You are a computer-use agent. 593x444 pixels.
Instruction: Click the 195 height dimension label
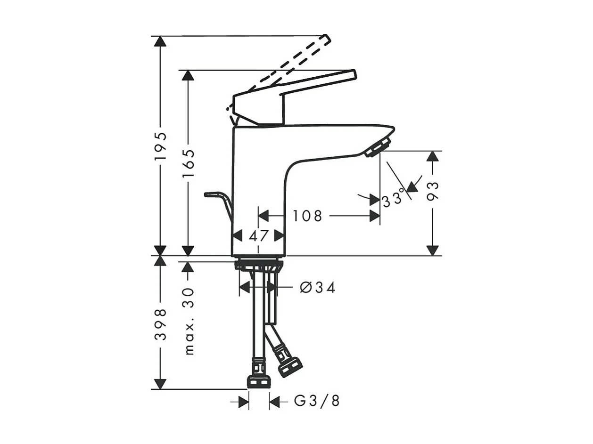160,146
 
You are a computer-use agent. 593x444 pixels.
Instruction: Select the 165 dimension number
188,163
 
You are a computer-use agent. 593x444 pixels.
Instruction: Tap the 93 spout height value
433,191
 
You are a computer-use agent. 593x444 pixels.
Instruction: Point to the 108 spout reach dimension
308,216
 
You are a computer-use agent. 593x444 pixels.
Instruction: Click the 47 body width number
258,236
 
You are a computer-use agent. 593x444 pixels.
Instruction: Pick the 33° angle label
394,199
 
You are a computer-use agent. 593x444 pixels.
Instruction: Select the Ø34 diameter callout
318,287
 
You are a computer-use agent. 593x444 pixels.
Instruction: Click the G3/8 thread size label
317,401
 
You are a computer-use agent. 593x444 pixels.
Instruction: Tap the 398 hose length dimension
160,324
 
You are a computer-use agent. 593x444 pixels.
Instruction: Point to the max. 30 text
188,321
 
